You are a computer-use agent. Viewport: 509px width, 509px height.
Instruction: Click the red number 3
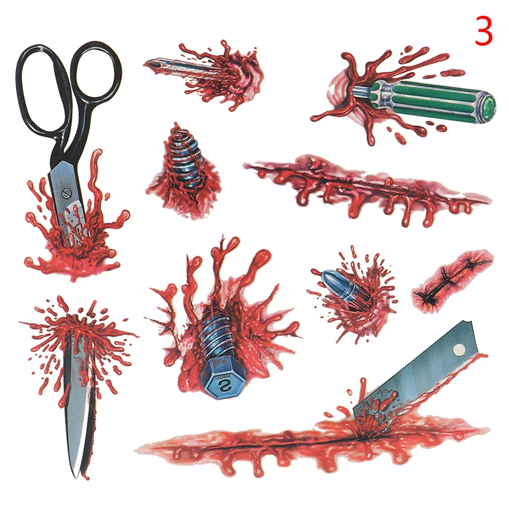[x=484, y=32]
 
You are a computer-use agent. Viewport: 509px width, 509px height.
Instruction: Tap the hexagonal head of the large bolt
[x=224, y=379]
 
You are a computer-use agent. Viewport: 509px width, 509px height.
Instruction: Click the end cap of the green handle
[x=489, y=105]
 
